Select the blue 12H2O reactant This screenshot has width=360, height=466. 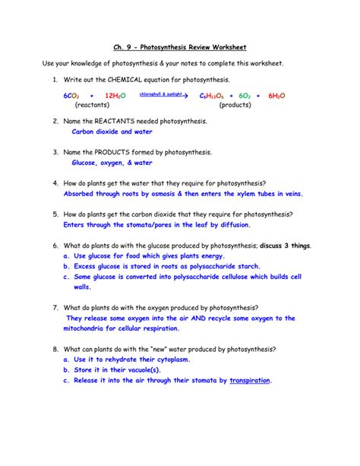[115, 97]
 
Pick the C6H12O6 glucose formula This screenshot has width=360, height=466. [212, 97]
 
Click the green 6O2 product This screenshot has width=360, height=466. [245, 97]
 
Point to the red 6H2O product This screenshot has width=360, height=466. [276, 97]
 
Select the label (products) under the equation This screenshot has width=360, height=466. [235, 106]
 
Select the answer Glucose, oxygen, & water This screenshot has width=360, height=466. [112, 163]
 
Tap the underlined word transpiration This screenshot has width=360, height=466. [250, 380]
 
